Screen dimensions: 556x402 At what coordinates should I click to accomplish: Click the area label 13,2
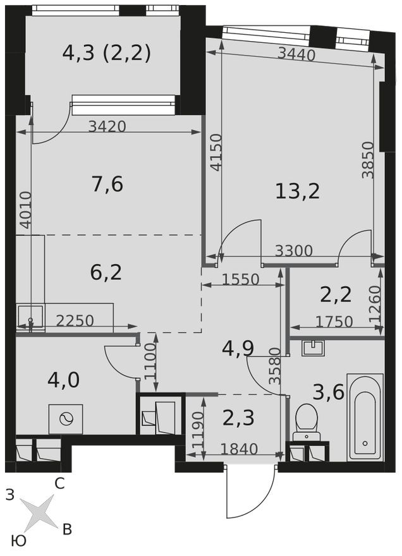297,190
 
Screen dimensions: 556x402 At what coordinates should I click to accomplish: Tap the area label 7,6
107,184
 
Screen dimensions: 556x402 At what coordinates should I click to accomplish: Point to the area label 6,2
106,272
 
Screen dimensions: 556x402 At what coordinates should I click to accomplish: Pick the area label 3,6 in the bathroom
328,392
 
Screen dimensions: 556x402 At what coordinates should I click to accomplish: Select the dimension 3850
368,159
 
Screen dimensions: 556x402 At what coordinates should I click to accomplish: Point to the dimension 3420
107,126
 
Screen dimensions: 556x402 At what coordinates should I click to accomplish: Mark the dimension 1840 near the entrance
239,449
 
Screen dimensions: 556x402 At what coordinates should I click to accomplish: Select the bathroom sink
312,348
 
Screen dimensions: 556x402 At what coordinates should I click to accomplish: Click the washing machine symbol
66,419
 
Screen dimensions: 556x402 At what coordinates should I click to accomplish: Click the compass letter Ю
19,541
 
